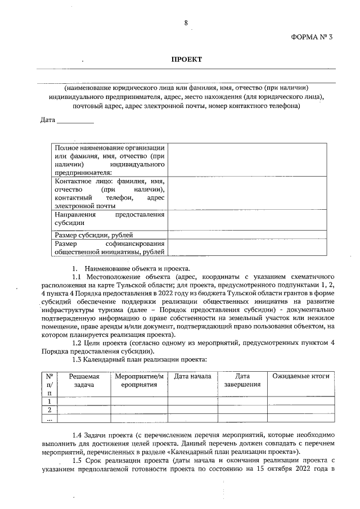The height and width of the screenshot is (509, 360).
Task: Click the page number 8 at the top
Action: tap(186, 23)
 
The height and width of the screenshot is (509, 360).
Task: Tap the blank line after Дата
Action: tap(75, 120)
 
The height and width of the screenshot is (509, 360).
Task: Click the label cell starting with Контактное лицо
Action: tap(109, 193)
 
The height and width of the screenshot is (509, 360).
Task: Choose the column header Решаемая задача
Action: tap(83, 380)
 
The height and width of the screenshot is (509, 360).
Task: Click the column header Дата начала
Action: tap(192, 376)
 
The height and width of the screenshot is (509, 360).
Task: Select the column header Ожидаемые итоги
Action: tap(301, 376)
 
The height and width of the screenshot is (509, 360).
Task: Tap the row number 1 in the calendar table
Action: tap(49, 401)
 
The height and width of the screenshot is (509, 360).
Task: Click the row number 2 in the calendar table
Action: tap(49, 410)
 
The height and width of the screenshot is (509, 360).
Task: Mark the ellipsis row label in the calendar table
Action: tap(49, 418)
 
